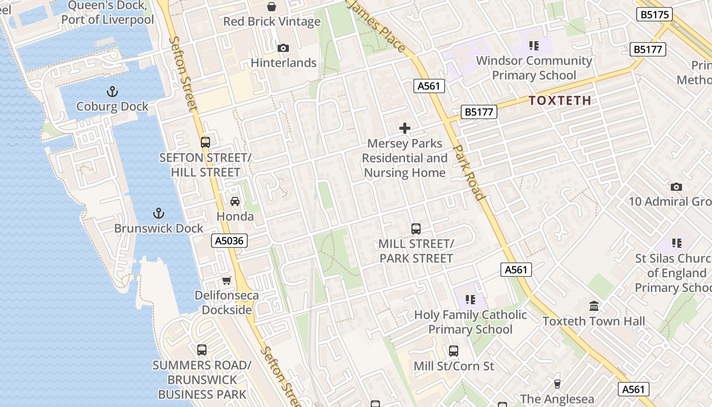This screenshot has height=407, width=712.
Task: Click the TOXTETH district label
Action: (559, 100)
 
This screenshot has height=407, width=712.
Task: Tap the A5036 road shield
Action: (229, 241)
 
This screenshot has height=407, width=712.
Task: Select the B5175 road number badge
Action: (654, 14)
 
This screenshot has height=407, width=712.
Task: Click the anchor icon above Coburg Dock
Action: (112, 92)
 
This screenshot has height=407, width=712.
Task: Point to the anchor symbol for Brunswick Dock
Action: (159, 213)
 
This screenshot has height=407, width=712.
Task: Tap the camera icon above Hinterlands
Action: (283, 48)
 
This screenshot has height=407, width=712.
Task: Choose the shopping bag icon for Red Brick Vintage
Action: (272, 7)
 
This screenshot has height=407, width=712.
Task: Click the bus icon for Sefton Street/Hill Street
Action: (205, 142)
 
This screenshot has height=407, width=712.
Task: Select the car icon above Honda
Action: (235, 201)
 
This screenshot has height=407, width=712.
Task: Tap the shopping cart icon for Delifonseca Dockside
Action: (227, 280)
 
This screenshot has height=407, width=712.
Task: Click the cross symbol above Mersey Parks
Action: (405, 128)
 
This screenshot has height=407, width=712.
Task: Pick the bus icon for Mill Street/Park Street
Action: (416, 228)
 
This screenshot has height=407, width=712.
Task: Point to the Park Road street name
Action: (468, 172)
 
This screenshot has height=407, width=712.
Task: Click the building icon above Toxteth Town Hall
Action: (594, 306)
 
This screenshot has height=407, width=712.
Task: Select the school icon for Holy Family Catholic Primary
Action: (470, 300)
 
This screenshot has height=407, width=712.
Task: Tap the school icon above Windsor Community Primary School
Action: (533, 46)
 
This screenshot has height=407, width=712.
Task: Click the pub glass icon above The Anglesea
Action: (557, 384)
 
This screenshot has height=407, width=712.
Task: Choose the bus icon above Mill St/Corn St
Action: (453, 351)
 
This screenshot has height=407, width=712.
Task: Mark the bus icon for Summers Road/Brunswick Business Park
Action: (202, 350)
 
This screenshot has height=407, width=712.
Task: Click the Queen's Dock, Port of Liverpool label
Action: (107, 13)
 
